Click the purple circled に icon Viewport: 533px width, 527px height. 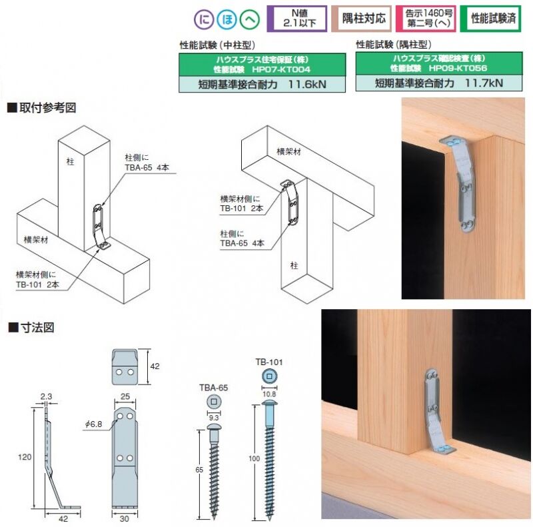click(204, 19)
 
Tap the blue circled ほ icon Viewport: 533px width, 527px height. click(227, 19)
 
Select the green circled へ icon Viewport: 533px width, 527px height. click(250, 19)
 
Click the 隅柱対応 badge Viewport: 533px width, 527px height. click(361, 19)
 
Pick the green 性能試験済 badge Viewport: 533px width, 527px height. click(490, 19)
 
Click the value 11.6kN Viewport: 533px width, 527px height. click(307, 84)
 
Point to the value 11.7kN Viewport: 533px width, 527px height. click(484, 83)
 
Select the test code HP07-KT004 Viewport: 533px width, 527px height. click(281, 70)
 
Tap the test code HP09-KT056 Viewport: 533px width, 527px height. click(458, 69)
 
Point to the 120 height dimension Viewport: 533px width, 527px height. click(25, 457)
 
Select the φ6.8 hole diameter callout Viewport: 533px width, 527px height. click(93, 424)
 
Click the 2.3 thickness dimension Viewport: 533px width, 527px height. click(46, 396)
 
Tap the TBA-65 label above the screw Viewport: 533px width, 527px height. click(213, 388)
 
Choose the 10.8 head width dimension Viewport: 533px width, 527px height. click(269, 394)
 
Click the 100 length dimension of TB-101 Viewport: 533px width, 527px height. click(255, 458)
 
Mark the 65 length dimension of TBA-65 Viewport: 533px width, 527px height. click(199, 470)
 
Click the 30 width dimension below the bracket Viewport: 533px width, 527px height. click(125, 519)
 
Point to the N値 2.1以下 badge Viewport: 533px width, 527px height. click(297, 19)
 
